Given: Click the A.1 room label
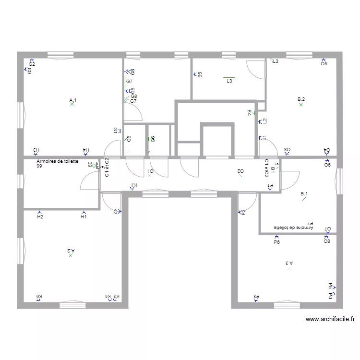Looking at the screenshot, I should pyautogui.click(x=73, y=100).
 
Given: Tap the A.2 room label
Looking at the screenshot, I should pyautogui.click(x=71, y=251).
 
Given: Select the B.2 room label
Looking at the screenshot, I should pyautogui.click(x=301, y=99).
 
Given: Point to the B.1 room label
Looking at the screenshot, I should pyautogui.click(x=304, y=194).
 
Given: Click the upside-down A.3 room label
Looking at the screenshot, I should pyautogui.click(x=289, y=263).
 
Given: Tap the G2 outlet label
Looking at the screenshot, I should pyautogui.click(x=32, y=64).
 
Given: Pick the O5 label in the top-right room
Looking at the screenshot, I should pyautogui.click(x=324, y=64).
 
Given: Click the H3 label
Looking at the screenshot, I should pyautogui.click(x=36, y=150).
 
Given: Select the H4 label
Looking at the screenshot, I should pyautogui.click(x=86, y=150).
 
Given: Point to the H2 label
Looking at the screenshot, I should pyautogui.click(x=40, y=217).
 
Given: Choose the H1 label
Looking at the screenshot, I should pyautogui.click(x=84, y=217).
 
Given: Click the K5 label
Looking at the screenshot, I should pyautogui.click(x=39, y=297).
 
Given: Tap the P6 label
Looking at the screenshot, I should pyautogui.click(x=276, y=242).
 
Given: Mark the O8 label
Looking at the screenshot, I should pyautogui.click(x=327, y=241).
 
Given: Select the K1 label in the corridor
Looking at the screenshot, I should pyautogui.click(x=134, y=185).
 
